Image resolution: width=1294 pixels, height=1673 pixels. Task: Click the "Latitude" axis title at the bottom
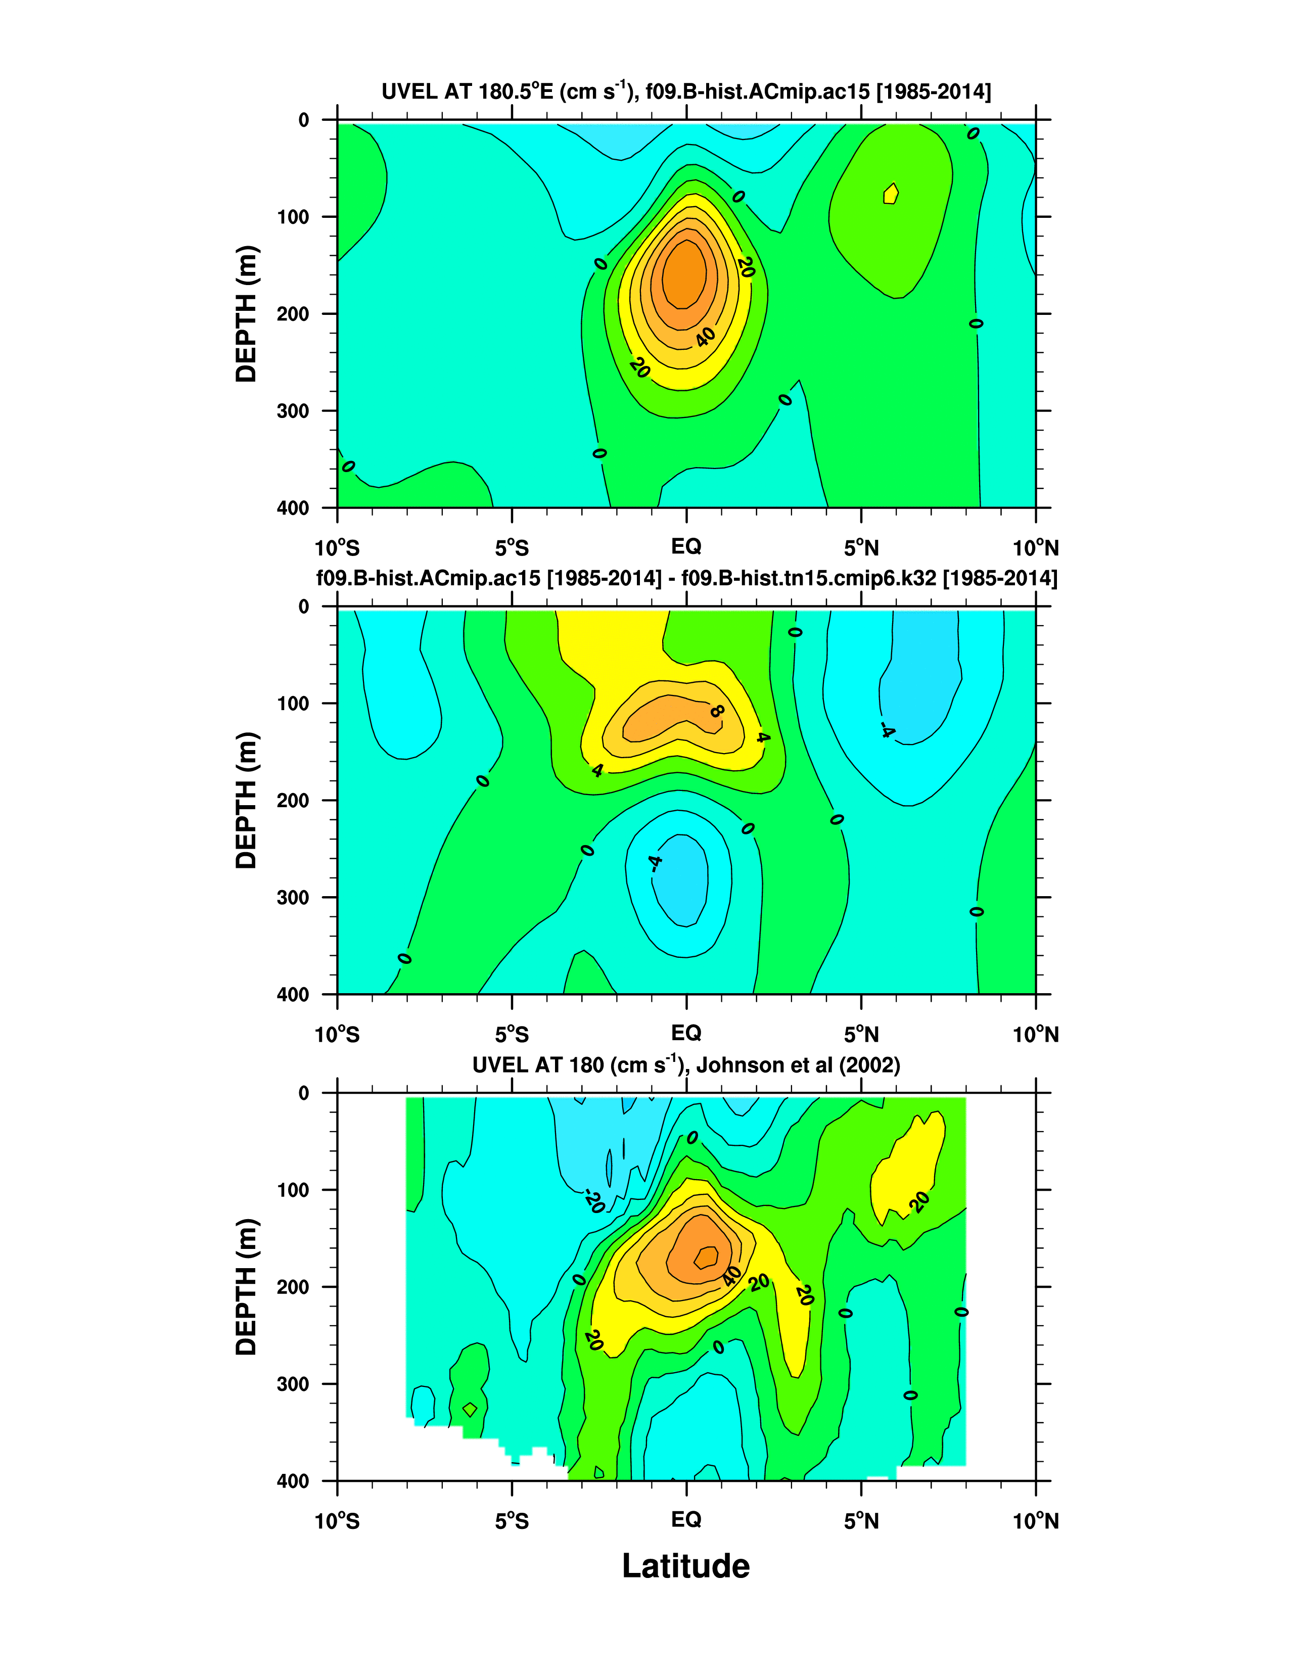[686, 1566]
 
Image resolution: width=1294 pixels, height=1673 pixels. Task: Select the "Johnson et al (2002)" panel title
[686, 1065]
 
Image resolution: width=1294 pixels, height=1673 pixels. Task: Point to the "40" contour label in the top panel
[705, 336]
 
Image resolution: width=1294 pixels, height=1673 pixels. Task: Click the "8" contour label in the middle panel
[716, 711]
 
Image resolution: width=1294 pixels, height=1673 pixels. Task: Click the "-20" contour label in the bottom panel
[594, 1201]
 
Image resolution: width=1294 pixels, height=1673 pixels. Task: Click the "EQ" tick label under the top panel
[686, 546]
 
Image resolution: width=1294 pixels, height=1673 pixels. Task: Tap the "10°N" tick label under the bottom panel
[1036, 1521]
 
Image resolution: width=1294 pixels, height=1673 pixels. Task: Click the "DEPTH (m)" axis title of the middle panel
[247, 801]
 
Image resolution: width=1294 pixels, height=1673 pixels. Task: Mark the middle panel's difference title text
[686, 578]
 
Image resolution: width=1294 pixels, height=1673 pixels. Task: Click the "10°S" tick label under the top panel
[337, 548]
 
